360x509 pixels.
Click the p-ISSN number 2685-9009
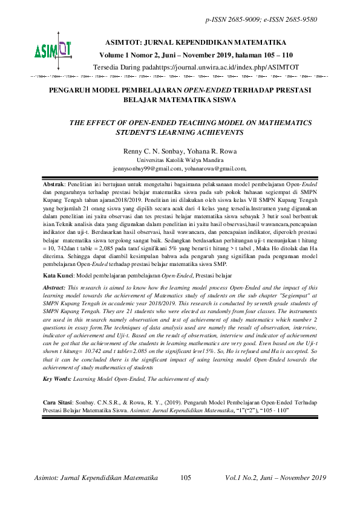click(x=241, y=20)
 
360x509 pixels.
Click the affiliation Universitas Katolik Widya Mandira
click(x=180, y=159)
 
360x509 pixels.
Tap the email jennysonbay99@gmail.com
click(x=145, y=168)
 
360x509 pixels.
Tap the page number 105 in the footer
click(x=186, y=478)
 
